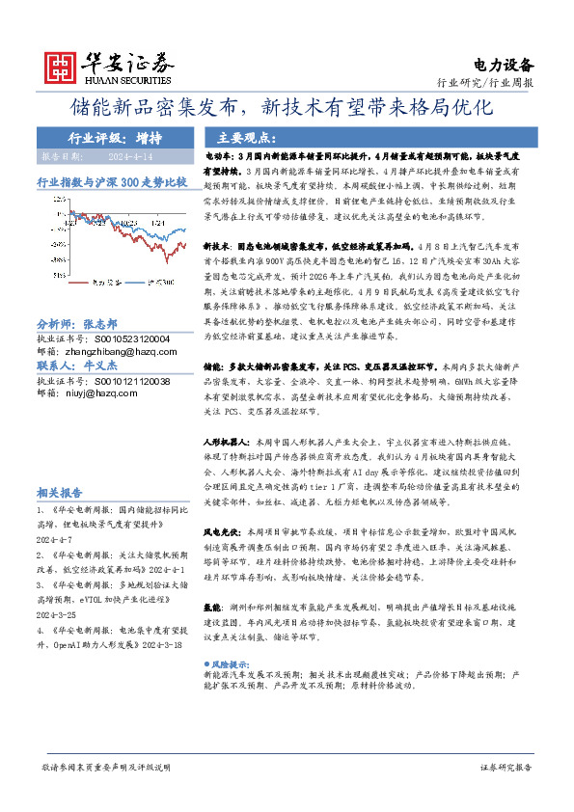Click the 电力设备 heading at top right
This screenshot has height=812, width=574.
[504, 66]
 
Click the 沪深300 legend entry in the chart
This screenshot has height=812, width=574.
[159, 283]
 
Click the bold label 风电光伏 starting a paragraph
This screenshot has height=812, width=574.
[221, 532]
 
